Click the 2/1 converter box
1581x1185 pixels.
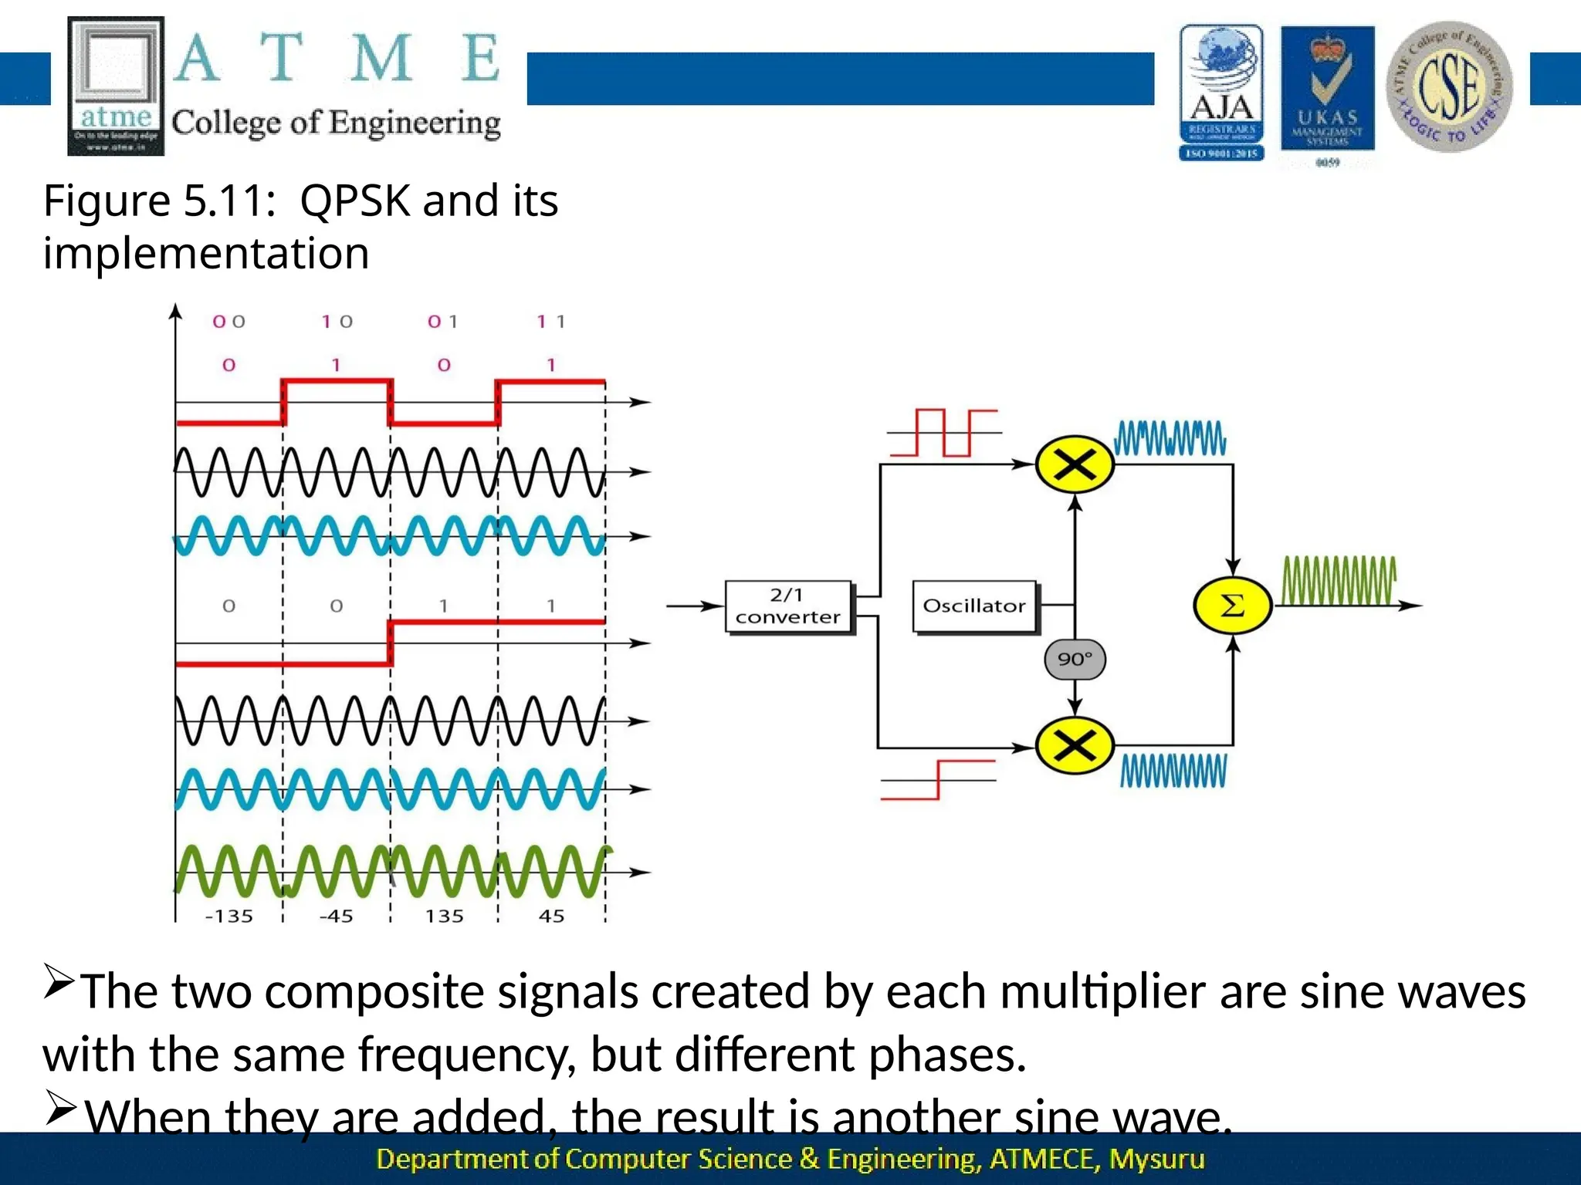coord(788,606)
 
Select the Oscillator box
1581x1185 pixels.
coord(974,606)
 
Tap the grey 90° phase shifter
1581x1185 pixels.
coord(1075,660)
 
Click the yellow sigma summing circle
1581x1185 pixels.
coord(1232,606)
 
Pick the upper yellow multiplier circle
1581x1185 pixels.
coord(1075,464)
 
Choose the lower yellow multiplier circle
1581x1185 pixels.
coord(1075,745)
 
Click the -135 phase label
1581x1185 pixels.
coord(229,917)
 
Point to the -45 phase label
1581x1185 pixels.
coord(337,917)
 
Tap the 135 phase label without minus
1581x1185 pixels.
coord(445,917)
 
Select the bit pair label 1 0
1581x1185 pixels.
coord(337,322)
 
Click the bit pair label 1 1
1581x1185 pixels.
coord(551,322)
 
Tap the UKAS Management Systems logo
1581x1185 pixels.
coord(1327,93)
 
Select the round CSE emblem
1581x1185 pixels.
coord(1449,86)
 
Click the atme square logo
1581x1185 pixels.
coord(116,86)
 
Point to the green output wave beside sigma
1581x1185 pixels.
coord(1339,580)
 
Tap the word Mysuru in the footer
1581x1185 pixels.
coord(1156,1159)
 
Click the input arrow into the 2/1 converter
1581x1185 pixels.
coord(695,606)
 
